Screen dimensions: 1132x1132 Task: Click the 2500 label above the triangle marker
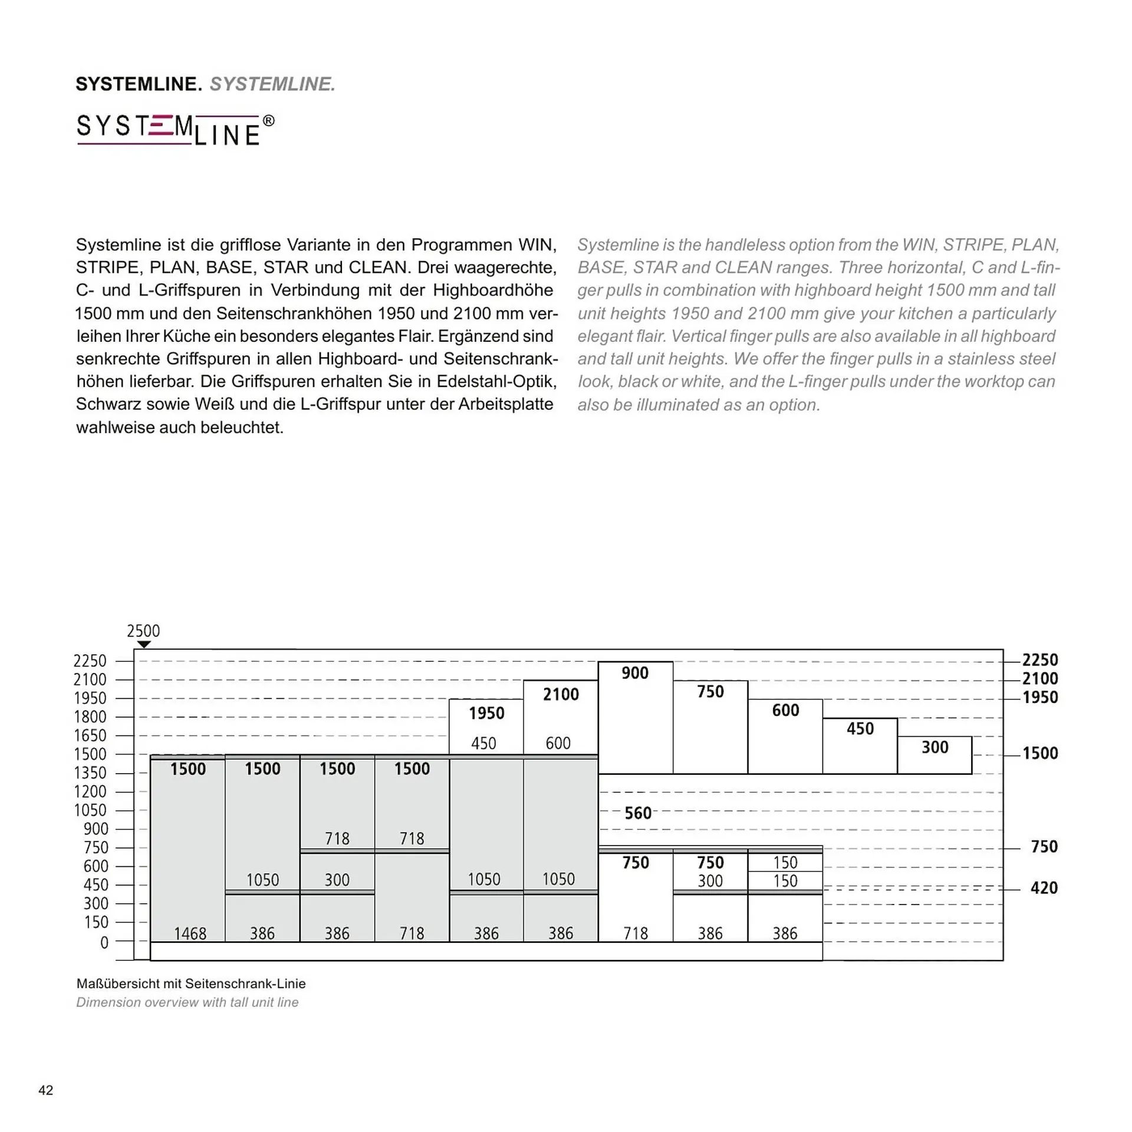(x=143, y=631)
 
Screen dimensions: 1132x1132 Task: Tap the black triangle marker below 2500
(x=144, y=645)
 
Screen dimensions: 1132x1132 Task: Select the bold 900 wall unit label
(x=634, y=673)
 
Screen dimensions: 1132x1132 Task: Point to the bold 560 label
(x=638, y=813)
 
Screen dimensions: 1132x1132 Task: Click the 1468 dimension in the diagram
(x=190, y=933)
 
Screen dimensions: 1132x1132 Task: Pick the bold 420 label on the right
(x=1044, y=887)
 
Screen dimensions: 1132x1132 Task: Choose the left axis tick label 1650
(x=90, y=735)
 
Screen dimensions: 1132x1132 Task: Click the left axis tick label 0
(x=104, y=943)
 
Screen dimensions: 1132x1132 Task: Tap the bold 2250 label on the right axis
(x=1039, y=660)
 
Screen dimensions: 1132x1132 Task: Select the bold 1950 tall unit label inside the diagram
(x=486, y=713)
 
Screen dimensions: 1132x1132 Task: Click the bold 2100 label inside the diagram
(x=561, y=694)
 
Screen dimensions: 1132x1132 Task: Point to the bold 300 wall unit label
(x=934, y=747)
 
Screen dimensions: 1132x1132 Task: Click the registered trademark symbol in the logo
(x=268, y=121)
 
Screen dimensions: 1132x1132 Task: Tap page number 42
(x=45, y=1090)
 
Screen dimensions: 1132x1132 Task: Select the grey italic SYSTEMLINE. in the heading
(x=272, y=84)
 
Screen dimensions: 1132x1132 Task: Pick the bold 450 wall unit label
(x=860, y=729)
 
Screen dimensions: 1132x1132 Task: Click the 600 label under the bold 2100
(x=558, y=743)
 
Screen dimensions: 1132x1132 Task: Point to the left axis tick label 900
(x=96, y=829)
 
